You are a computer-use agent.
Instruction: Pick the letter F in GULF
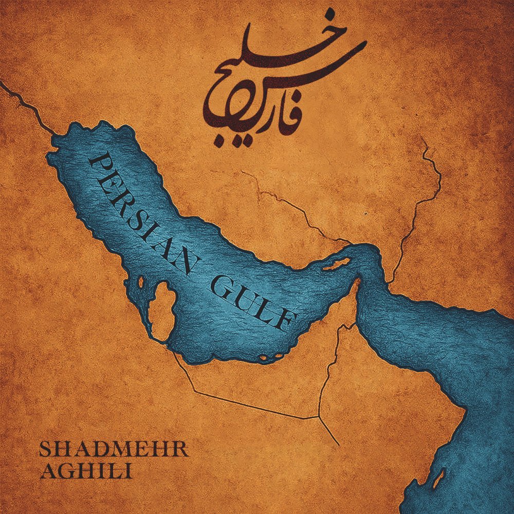coord(286,321)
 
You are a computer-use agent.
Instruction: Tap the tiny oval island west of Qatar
coord(140,282)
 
